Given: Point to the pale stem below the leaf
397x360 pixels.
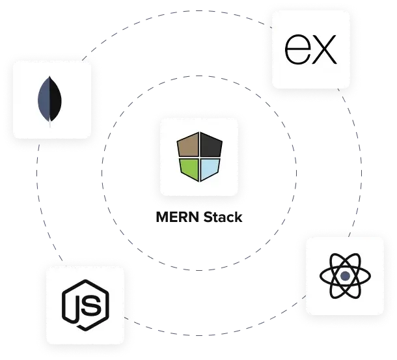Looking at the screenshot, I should point(51,122).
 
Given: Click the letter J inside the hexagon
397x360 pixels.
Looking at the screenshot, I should point(77,305).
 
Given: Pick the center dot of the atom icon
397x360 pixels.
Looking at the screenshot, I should point(344,276).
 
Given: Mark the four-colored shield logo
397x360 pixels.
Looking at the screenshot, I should point(200,157).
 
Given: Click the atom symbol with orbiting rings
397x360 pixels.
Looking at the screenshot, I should point(344,276).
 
